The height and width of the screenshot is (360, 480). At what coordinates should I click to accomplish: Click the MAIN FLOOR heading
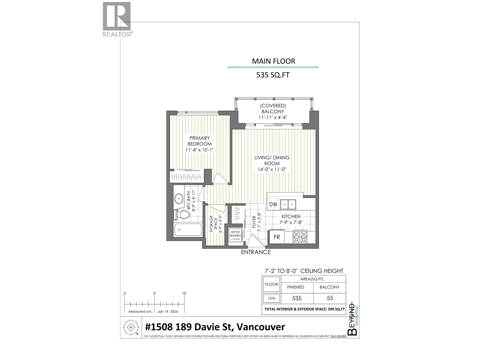click(x=273, y=61)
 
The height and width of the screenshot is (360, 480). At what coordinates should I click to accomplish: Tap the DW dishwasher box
click(x=273, y=204)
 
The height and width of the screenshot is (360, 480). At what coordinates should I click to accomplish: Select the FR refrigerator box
click(x=277, y=237)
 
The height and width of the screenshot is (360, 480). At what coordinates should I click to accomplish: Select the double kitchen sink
click(x=288, y=204)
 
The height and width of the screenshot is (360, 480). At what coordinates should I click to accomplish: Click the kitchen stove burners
click(x=300, y=236)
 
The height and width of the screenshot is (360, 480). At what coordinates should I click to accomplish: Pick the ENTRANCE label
click(x=256, y=252)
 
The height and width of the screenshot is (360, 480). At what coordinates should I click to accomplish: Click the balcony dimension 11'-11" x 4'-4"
click(x=273, y=117)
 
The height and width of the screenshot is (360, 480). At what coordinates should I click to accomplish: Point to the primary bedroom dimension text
click(x=199, y=149)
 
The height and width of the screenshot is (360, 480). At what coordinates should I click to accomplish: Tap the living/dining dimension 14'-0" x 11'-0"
click(x=272, y=169)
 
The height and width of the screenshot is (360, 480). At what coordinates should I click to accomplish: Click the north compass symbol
click(x=131, y=328)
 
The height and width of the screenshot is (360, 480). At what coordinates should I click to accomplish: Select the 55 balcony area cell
click(x=329, y=298)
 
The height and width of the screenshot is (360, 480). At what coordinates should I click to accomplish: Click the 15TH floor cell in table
click(x=271, y=298)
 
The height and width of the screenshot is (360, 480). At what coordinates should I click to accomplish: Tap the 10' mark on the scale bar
click(x=184, y=294)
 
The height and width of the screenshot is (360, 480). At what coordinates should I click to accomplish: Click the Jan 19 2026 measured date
click(x=167, y=311)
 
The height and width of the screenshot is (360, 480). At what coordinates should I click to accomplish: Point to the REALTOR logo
click(x=117, y=19)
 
